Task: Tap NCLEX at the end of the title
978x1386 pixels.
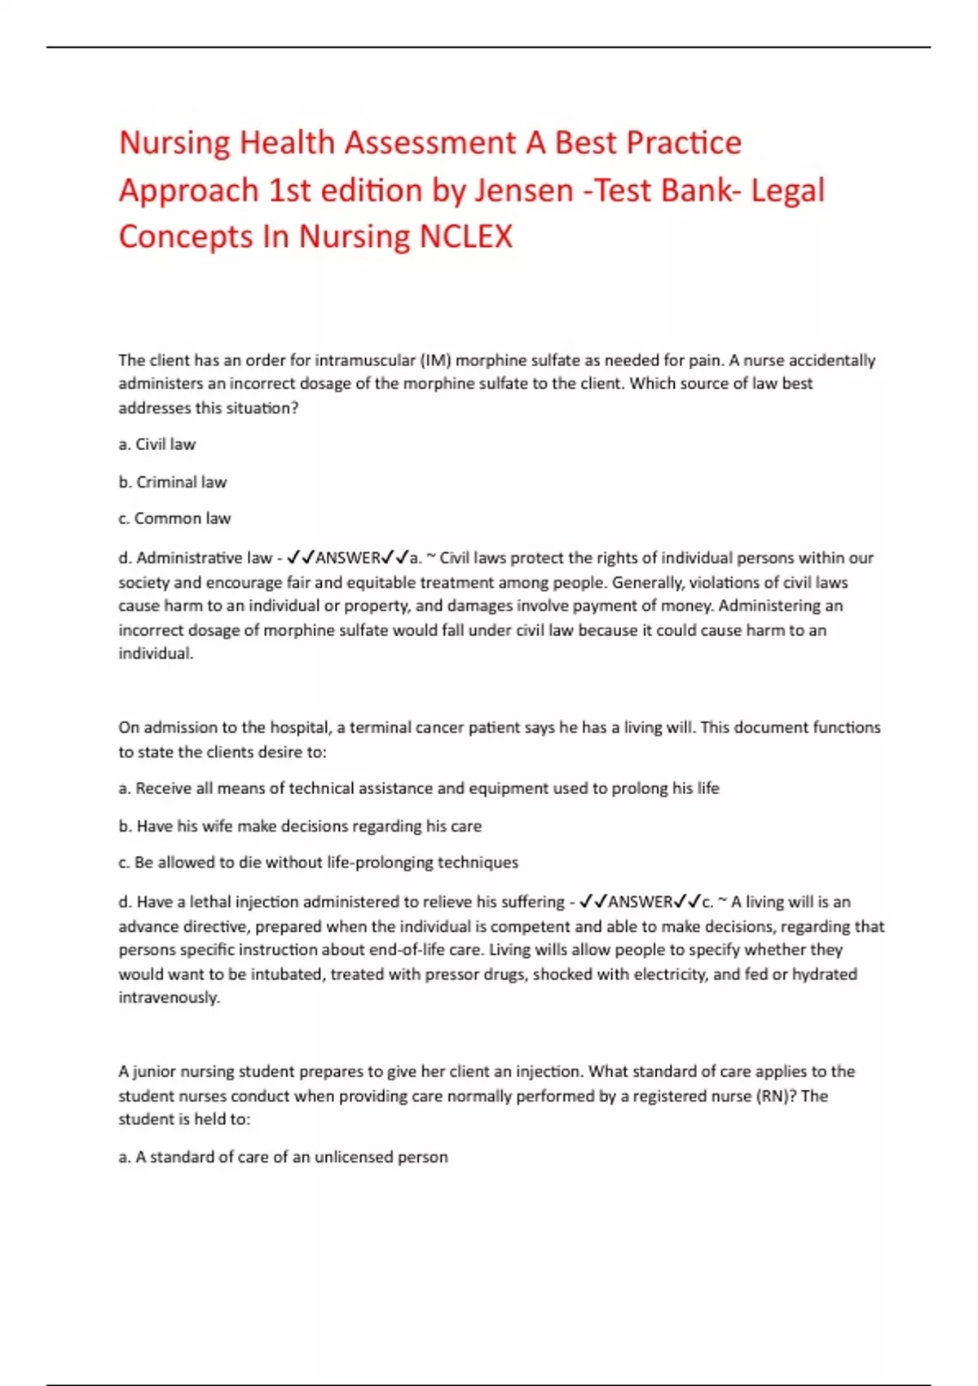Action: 466,237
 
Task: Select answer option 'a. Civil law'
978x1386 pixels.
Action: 157,444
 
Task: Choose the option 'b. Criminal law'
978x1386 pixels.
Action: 173,482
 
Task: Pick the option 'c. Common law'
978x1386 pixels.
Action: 174,519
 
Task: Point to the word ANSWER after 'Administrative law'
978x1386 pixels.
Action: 348,558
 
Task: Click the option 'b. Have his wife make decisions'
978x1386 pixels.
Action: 300,826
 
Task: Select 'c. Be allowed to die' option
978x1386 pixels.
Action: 318,863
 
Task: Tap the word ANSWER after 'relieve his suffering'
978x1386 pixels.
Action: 641,903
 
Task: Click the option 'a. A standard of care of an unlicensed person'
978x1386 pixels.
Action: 283,1157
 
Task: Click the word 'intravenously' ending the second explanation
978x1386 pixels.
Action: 169,998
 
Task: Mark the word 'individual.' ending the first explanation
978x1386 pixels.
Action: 156,654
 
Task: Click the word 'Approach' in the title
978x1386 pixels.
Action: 189,191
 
